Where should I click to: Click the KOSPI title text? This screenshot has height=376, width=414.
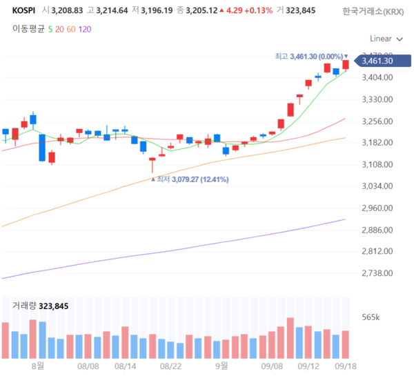pyautogui.click(x=24, y=10)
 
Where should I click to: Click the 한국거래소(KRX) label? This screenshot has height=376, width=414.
pyautogui.click(x=373, y=11)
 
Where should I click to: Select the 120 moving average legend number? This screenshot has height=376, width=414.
pyautogui.click(x=84, y=29)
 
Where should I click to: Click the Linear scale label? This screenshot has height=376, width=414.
pyautogui.click(x=381, y=39)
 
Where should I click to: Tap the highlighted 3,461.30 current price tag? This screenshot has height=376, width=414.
pyautogui.click(x=380, y=61)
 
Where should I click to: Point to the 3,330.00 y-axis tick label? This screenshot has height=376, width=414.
pyautogui.click(x=377, y=99)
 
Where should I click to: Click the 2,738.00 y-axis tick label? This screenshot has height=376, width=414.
pyautogui.click(x=377, y=273)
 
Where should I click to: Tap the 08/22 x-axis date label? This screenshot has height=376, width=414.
pyautogui.click(x=170, y=368)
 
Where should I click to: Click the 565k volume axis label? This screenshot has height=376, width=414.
pyautogui.click(x=371, y=317)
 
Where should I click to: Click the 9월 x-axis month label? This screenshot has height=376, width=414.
pyautogui.click(x=221, y=368)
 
